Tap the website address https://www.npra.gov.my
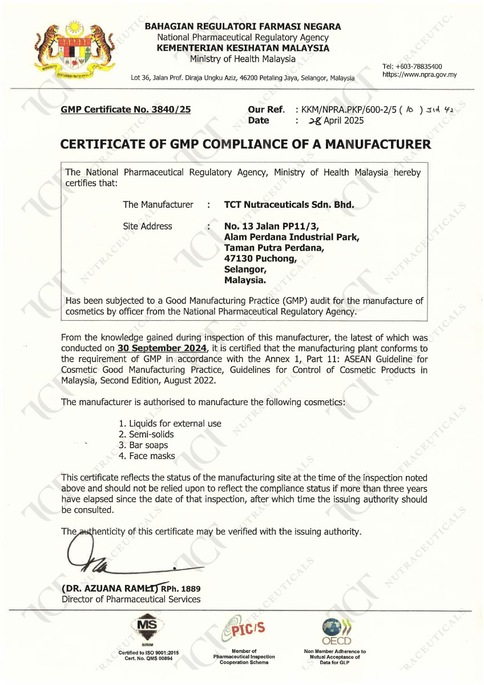click(x=419, y=75)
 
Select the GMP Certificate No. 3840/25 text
click(x=126, y=110)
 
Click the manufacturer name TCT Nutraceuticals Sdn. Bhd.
click(x=289, y=204)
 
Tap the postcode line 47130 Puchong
click(x=260, y=258)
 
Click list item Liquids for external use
click(x=170, y=424)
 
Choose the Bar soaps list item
click(x=143, y=445)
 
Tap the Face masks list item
click(x=147, y=456)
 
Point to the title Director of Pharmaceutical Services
click(x=131, y=599)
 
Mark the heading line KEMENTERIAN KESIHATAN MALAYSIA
click(x=243, y=48)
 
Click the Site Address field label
click(x=147, y=226)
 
